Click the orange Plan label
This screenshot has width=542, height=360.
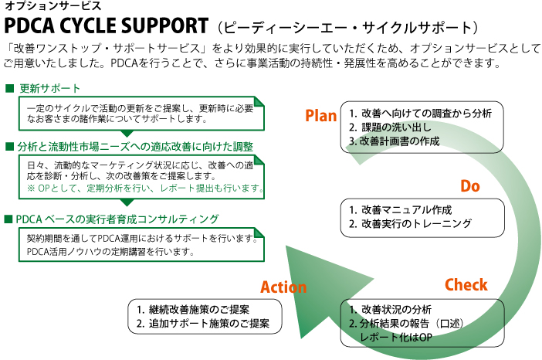click(320, 116)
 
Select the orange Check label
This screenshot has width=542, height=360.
click(466, 284)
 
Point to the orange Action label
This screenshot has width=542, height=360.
click(283, 287)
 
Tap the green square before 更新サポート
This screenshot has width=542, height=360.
click(9, 88)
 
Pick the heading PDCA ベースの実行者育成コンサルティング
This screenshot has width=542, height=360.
click(118, 219)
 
